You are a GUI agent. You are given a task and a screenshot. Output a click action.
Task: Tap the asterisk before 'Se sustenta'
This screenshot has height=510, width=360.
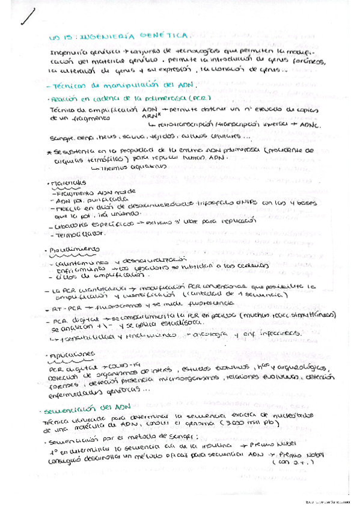point(47,151)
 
